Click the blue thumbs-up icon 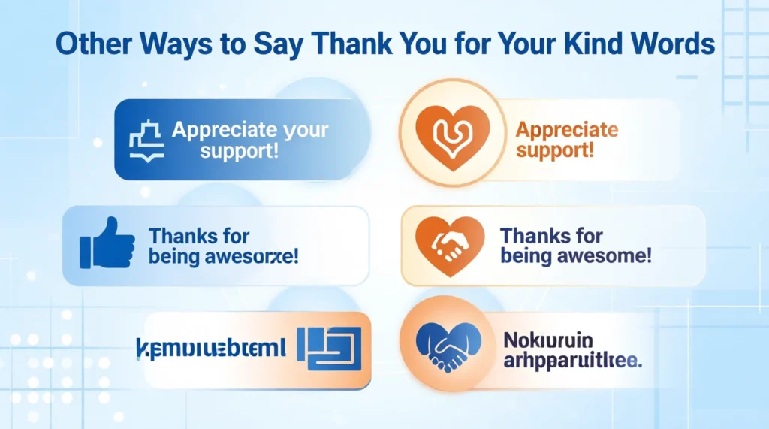[x=107, y=244]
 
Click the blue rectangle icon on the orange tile [x=328, y=348]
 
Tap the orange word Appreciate [x=567, y=130]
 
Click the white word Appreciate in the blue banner [x=249, y=130]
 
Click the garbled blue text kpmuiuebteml [x=211, y=348]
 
